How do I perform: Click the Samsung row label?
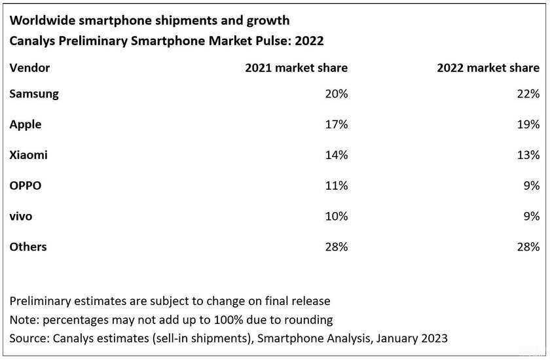click(x=34, y=94)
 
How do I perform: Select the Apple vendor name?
click(x=26, y=124)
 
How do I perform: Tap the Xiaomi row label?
click(x=28, y=155)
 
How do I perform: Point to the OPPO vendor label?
click(x=26, y=186)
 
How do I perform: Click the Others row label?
click(x=28, y=247)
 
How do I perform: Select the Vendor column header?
click(x=29, y=67)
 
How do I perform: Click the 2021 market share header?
click(x=296, y=67)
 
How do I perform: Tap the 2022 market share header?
click(x=488, y=67)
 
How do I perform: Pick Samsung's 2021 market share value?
click(x=336, y=94)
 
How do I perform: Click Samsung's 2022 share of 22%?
click(x=528, y=94)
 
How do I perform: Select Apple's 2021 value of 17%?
click(x=336, y=124)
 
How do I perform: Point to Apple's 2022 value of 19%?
click(x=528, y=124)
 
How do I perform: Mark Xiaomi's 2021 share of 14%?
click(x=336, y=155)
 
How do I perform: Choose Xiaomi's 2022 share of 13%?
click(x=528, y=155)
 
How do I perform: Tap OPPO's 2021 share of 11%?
click(x=336, y=186)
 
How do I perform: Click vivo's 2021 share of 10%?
click(x=336, y=216)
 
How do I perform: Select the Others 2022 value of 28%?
click(x=528, y=247)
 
